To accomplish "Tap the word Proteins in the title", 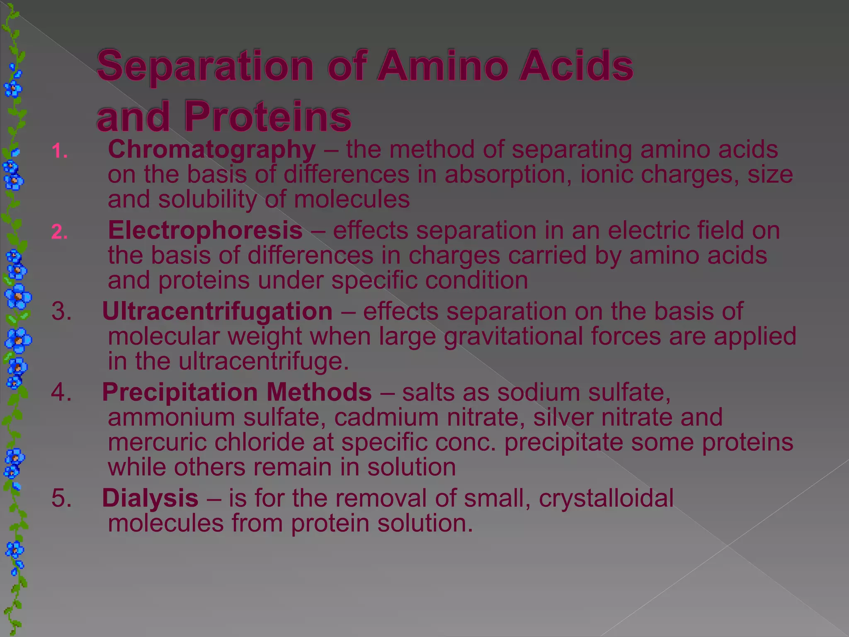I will point(268,117).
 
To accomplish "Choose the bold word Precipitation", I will point(180,392).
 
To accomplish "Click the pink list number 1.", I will point(60,151).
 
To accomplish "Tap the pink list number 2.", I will point(60,232).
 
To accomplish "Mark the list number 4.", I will point(61,392).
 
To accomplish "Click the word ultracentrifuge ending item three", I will point(264,361).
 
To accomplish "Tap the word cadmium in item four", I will point(386,417).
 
